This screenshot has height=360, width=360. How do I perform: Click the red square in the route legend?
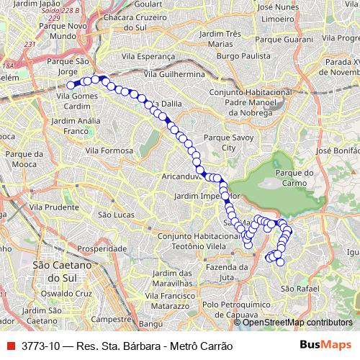coord(11,346)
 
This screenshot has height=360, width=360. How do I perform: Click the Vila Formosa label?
coord(109,151)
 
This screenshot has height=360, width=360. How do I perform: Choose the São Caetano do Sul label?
coord(60,272)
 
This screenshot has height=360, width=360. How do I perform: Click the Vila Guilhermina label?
coord(175,74)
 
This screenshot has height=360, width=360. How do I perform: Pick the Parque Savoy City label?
coord(229,142)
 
